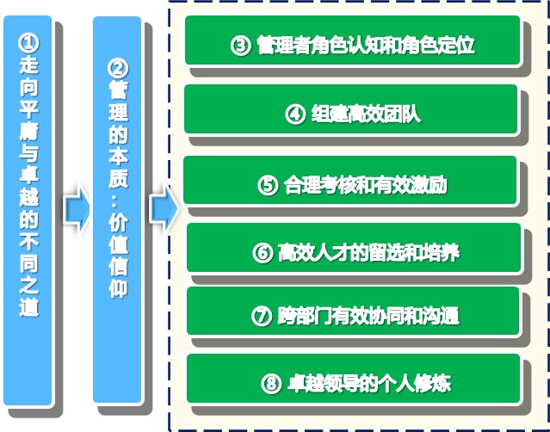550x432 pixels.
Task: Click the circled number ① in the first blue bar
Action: pos(28,43)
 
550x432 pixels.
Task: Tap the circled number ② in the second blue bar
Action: pos(118,68)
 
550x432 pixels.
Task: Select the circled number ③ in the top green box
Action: pos(241,46)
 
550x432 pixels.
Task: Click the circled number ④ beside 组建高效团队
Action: pos(295,114)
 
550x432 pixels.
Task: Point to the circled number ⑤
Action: pos(268,185)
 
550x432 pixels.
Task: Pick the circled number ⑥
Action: pos(263,252)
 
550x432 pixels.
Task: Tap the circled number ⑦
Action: pos(262,316)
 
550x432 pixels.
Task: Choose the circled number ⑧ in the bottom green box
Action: pos(271,383)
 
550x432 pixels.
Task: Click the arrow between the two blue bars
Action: pos(77,210)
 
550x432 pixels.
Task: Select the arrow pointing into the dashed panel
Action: pos(164,208)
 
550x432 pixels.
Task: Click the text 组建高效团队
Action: pos(366,114)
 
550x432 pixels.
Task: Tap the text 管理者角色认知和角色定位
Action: pos(366,45)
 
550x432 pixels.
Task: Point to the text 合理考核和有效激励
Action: pos(366,185)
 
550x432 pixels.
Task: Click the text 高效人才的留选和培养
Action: pos(368,252)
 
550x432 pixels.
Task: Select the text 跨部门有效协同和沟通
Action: pos(368,316)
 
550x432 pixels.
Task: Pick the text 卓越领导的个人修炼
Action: pos(369,383)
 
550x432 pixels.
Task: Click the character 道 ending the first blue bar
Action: pos(28,307)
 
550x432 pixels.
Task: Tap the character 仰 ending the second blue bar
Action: pos(118,288)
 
